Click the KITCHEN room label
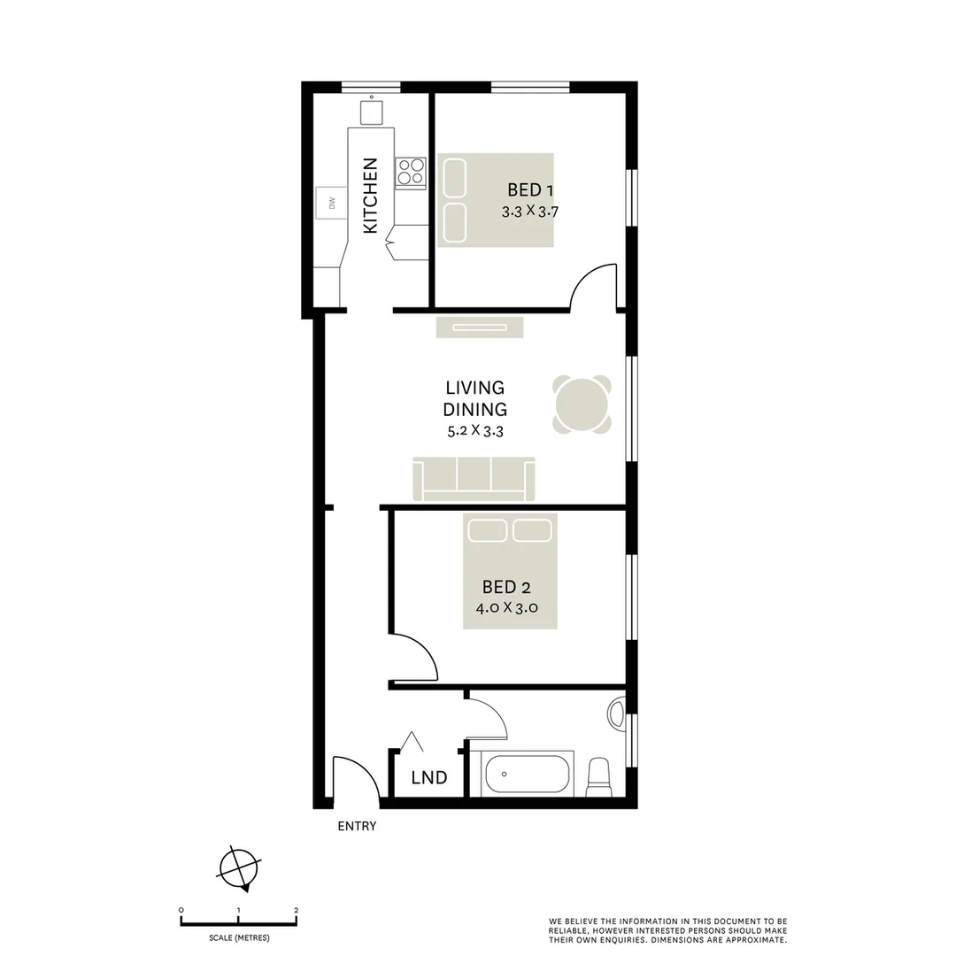tap(370, 196)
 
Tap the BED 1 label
tap(530, 189)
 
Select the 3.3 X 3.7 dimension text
tap(530, 212)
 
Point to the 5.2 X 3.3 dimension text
tap(475, 431)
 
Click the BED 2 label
tap(506, 586)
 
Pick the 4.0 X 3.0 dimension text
tap(506, 608)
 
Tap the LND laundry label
tap(429, 778)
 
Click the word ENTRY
tap(357, 827)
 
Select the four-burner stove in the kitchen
tap(410, 173)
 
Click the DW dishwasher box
tap(332, 204)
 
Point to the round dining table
tap(582, 405)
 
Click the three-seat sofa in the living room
tap(474, 479)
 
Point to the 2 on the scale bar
tap(296, 910)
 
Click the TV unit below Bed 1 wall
tap(479, 328)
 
